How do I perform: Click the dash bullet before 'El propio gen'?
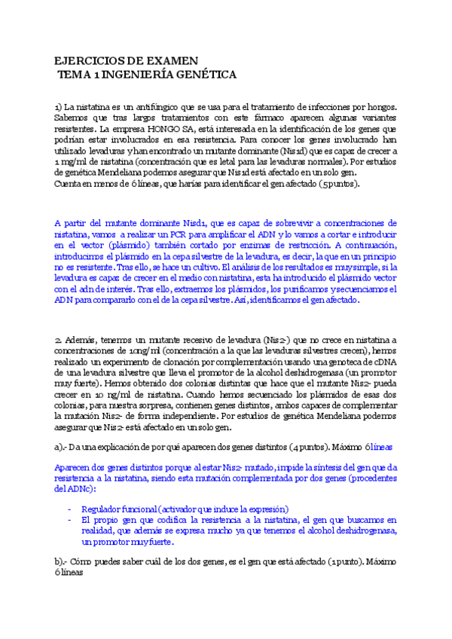click(x=70, y=519)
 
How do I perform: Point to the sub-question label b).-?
click(x=62, y=561)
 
